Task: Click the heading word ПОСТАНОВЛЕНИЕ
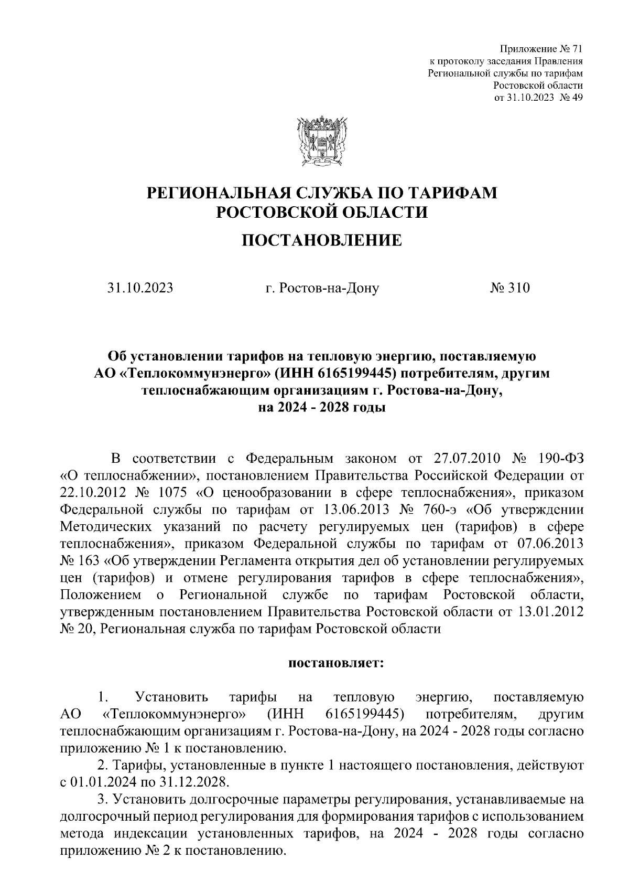pos(321,240)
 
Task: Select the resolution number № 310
pos(510,288)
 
